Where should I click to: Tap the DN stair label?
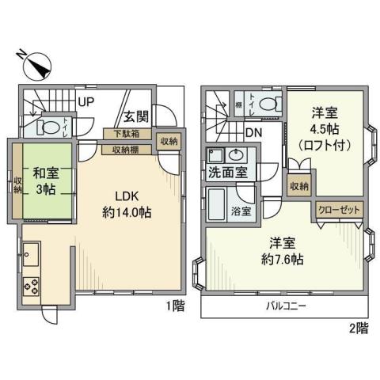pos(253,132)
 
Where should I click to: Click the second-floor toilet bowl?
pos(270,103)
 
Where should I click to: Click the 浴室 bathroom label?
pos(241,211)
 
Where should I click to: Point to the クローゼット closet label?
pos(339,208)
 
